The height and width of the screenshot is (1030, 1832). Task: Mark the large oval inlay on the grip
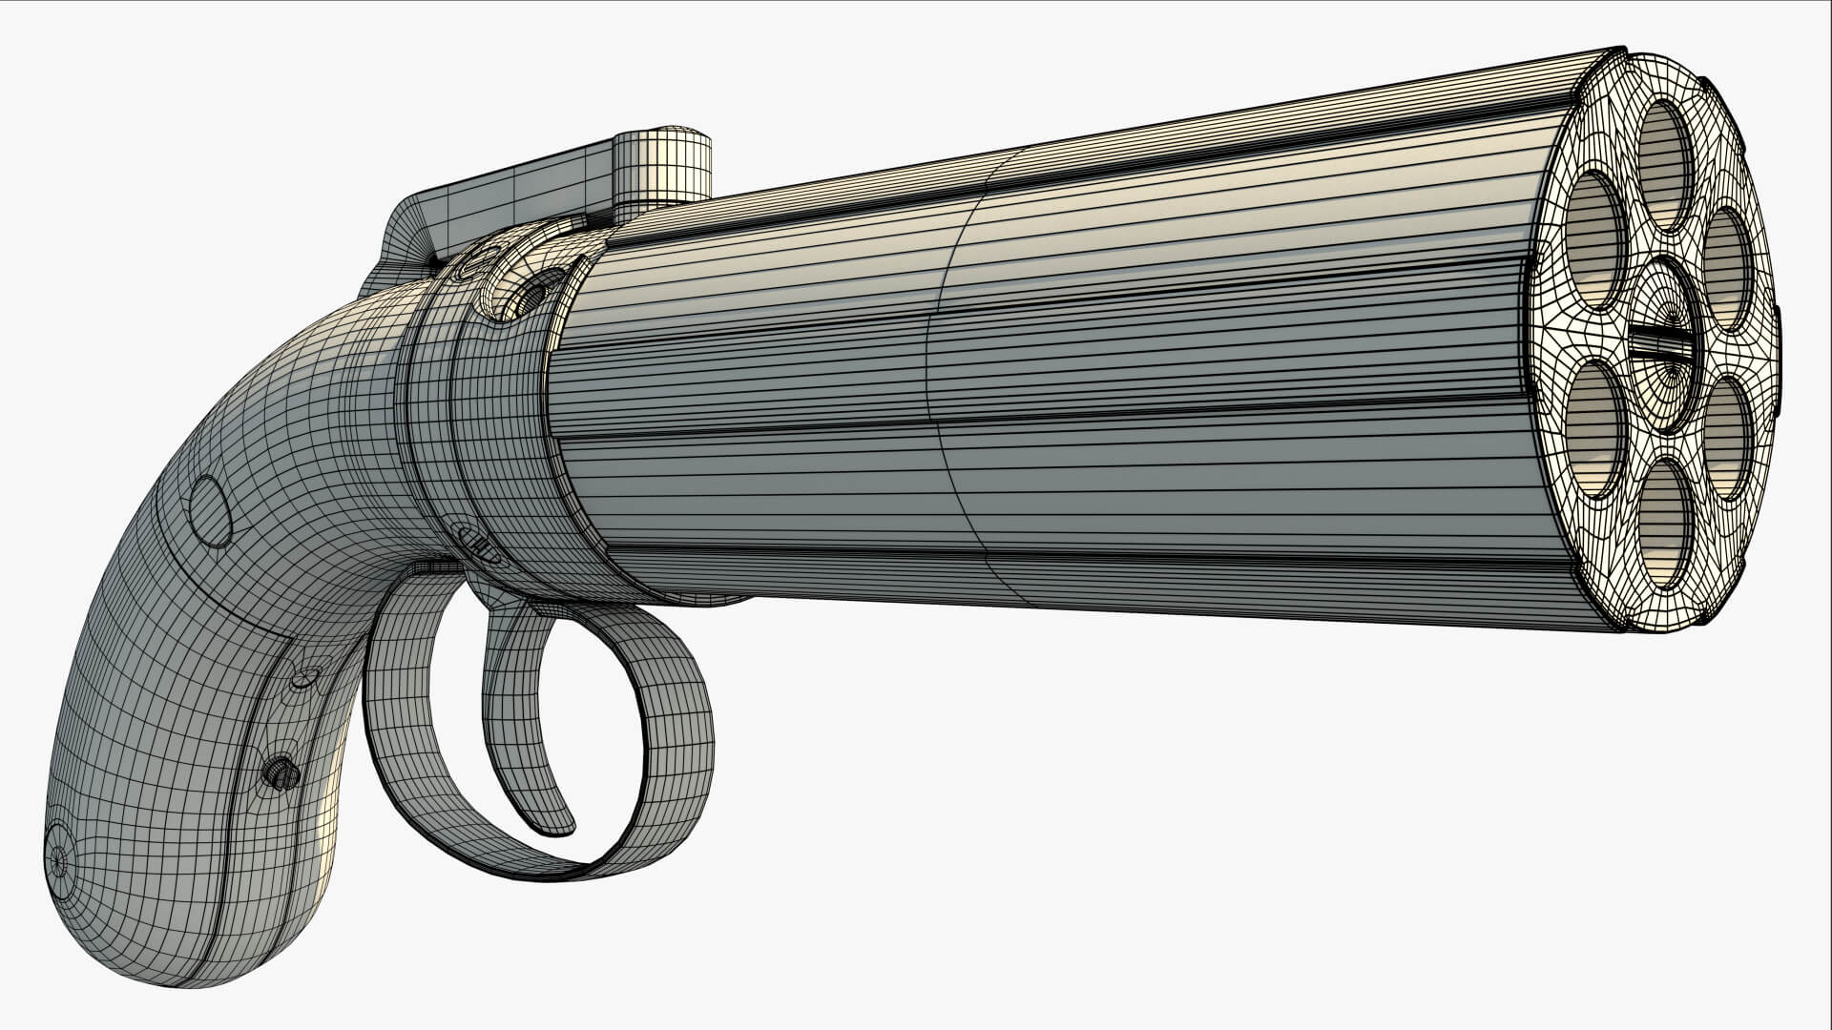[211, 511]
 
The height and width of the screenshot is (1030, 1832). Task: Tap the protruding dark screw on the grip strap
[282, 772]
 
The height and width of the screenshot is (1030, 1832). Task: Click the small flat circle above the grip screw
[304, 678]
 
